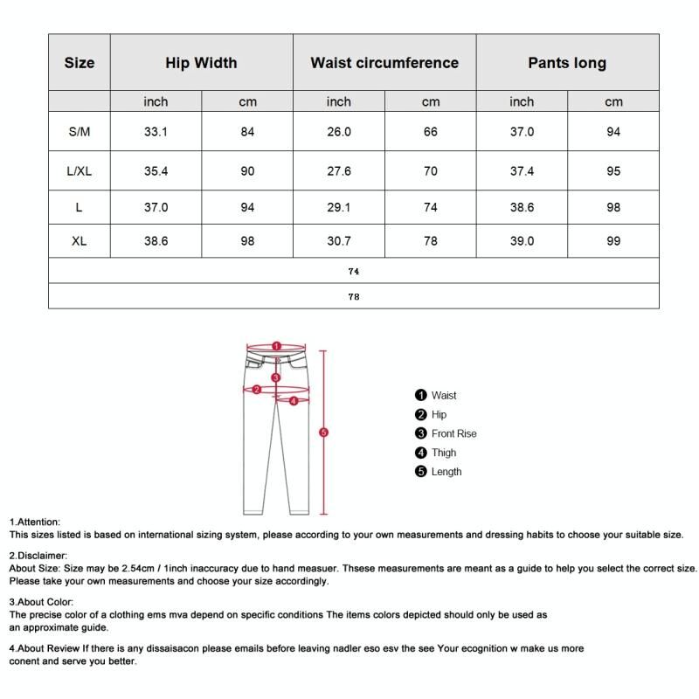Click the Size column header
tap(80, 63)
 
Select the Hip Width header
tap(201, 63)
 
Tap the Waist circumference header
tap(384, 63)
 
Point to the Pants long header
tap(567, 63)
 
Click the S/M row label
tap(80, 132)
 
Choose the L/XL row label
tap(80, 171)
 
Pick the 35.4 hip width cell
tap(156, 171)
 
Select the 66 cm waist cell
tap(431, 132)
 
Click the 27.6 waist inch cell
tap(339, 171)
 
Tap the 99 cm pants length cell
tap(613, 241)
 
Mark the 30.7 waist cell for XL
tap(339, 241)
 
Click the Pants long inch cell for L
tap(522, 207)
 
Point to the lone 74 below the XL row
tap(354, 272)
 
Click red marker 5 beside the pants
tap(323, 433)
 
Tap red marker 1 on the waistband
tap(275, 346)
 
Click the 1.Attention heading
tap(35, 522)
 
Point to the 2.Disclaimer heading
tap(38, 555)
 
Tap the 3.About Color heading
tap(41, 602)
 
